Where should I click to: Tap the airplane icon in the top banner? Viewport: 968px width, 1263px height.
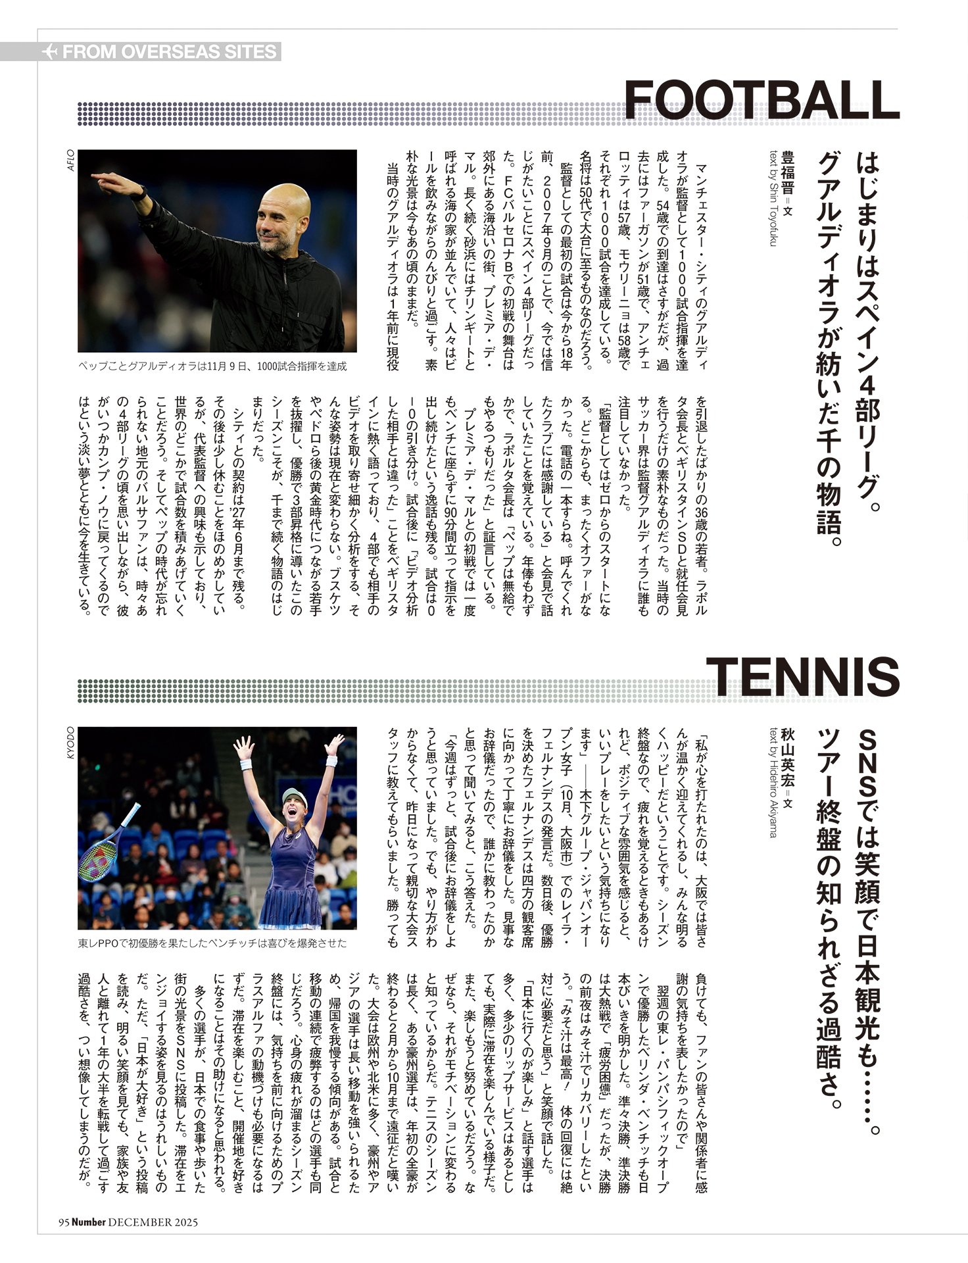(x=49, y=52)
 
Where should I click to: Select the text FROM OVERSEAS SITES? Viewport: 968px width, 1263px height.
(x=170, y=52)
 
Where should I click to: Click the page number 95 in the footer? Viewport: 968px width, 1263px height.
(x=63, y=1222)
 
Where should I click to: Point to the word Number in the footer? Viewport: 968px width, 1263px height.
(x=88, y=1222)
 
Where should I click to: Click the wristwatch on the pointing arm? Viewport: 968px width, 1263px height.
(x=139, y=193)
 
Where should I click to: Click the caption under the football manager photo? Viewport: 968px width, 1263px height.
(x=212, y=366)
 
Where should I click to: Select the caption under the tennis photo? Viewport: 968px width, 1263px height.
(x=212, y=943)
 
